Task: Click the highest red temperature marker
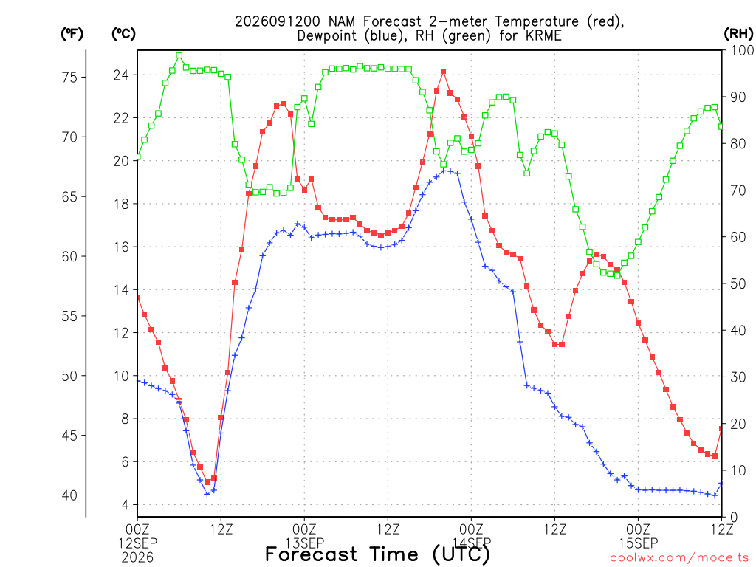443,72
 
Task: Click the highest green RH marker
179,55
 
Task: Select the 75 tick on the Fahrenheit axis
70,77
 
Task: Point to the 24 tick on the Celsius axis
122,75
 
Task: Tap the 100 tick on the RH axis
743,50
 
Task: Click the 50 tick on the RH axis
738,283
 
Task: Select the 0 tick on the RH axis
735,518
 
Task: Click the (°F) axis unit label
72,34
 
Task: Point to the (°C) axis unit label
123,34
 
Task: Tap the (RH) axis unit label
738,34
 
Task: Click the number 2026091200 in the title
278,21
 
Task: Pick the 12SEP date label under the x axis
138,543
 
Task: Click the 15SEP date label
639,543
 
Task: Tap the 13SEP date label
305,543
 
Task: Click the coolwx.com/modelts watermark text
679,558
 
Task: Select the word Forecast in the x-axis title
312,554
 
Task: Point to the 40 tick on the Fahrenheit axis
70,495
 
